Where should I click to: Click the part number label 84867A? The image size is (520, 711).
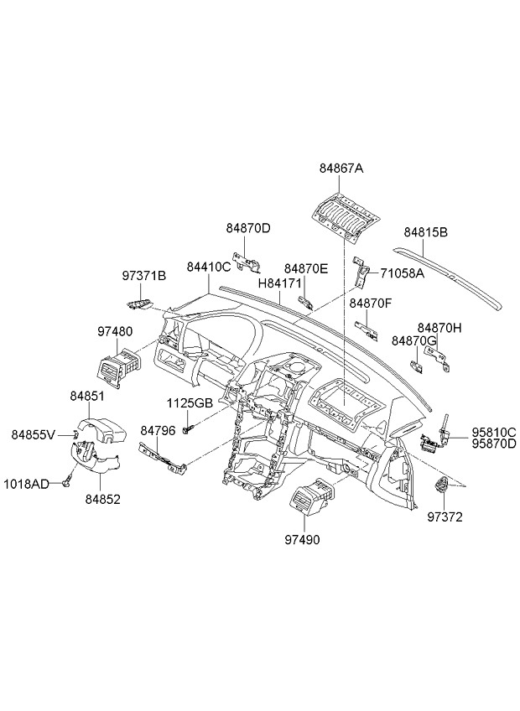tap(341, 169)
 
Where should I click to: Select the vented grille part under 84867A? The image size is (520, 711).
tap(346, 215)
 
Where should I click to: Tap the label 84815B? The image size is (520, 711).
tap(425, 232)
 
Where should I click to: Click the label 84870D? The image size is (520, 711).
tap(248, 229)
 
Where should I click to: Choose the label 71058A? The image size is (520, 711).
tap(402, 273)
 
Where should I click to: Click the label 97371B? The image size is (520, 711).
tap(144, 276)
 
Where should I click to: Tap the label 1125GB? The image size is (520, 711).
tap(190, 403)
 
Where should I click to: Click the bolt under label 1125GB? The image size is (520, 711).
tap(190, 428)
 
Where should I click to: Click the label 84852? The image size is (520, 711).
tap(103, 500)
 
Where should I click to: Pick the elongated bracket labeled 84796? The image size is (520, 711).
tap(164, 458)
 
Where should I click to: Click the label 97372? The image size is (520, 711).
tap(445, 517)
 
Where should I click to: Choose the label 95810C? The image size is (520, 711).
tap(494, 432)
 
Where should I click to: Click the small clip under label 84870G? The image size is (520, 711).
tap(417, 366)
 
